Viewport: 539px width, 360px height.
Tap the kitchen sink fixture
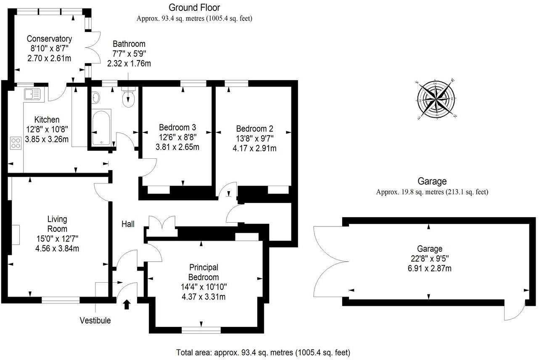tap(32, 94)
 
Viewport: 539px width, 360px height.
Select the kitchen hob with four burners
tap(16, 143)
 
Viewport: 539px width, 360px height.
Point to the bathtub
tap(101, 127)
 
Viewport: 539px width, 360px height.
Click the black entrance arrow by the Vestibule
tap(127, 304)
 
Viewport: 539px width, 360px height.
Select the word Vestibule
tap(95, 321)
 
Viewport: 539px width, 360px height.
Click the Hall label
tap(128, 224)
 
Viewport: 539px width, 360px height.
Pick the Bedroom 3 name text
tap(177, 127)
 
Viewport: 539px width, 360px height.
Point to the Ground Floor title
tap(194, 8)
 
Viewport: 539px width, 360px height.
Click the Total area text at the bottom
tap(263, 352)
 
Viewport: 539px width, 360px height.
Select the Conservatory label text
tap(49, 39)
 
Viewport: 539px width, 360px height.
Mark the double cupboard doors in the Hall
tap(161, 223)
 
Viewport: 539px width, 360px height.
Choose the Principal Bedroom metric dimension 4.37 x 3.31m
tap(204, 297)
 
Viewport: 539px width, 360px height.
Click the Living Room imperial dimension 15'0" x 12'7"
tap(58, 239)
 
